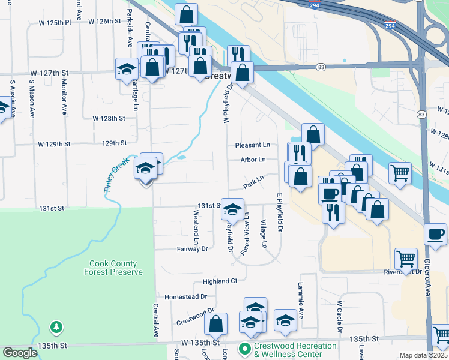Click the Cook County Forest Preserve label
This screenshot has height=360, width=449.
tap(116, 268)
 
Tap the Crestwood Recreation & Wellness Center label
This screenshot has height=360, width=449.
tap(295, 349)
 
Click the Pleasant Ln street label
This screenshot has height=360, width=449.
tap(252, 145)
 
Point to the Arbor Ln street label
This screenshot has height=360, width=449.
tap(253, 160)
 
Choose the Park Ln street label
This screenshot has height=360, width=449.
tap(253, 180)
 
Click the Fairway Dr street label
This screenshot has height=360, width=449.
tap(192, 248)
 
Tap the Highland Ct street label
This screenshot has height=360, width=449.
tap(220, 281)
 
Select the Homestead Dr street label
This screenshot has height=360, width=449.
tap(185, 296)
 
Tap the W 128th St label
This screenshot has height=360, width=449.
tap(109, 119)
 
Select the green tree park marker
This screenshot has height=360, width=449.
tap(56, 327)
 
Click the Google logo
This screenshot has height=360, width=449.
tap(20, 353)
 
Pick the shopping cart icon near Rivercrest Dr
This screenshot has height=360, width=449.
tap(406, 259)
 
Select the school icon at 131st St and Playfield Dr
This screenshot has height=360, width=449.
tap(233, 208)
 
